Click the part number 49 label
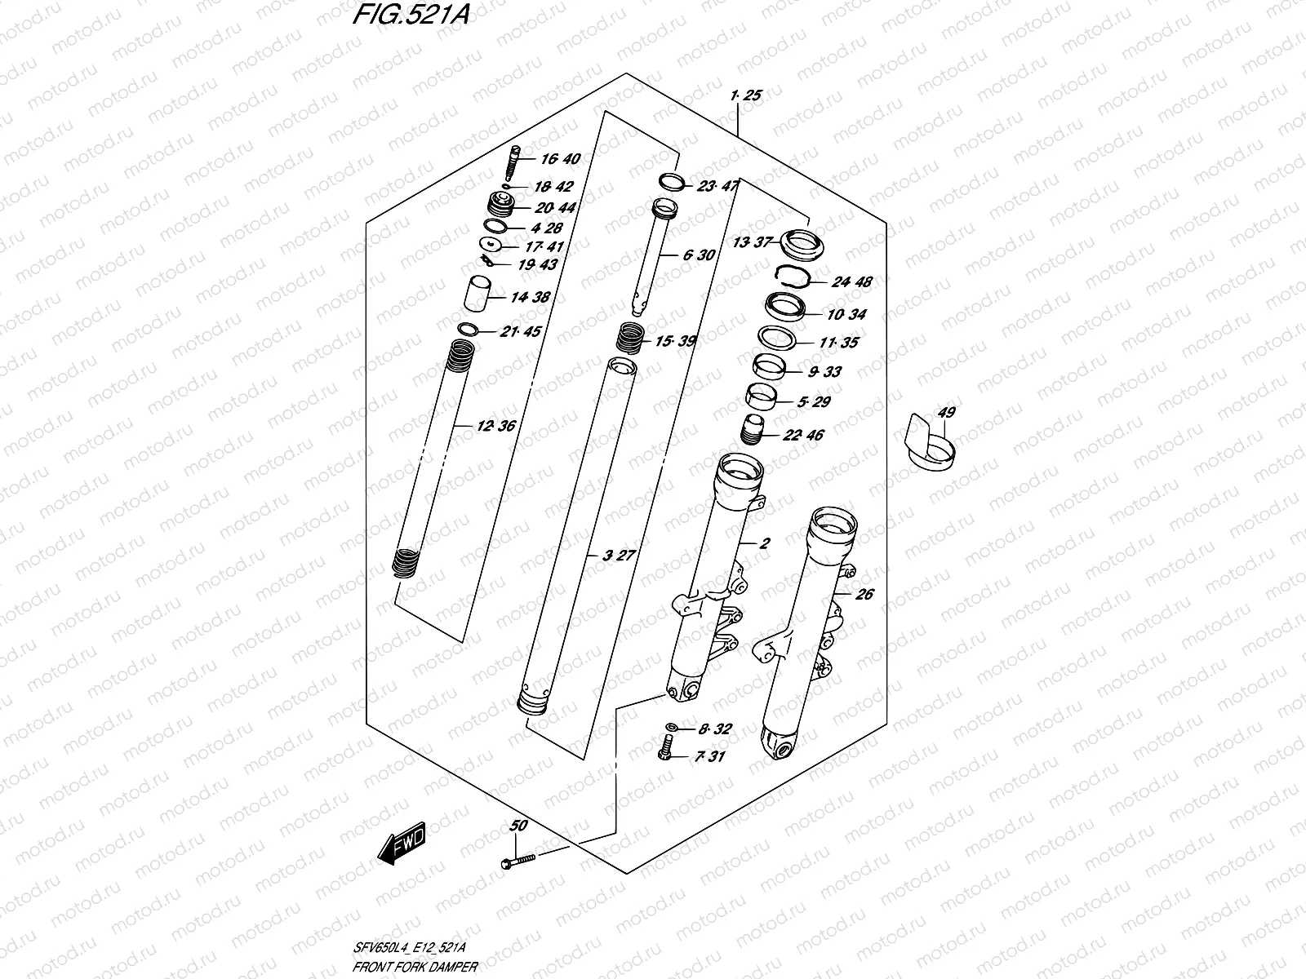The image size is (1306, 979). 946,413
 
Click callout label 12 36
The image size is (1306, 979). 496,426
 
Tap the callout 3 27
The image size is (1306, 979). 618,556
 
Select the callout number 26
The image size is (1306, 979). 864,594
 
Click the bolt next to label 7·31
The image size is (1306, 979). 666,748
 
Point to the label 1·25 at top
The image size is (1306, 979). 747,95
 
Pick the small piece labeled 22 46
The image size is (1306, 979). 751,428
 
